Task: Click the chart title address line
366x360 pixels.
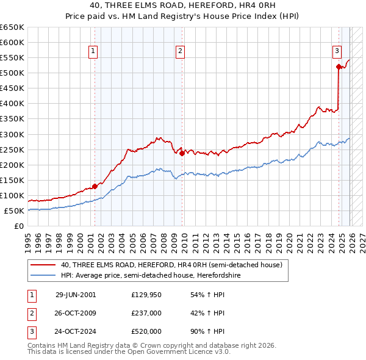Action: tap(182, 5)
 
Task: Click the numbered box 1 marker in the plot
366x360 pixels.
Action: tap(94, 51)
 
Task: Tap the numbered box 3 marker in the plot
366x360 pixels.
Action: tap(337, 51)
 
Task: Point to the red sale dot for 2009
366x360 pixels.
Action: tap(182, 153)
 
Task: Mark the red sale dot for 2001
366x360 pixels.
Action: tap(95, 186)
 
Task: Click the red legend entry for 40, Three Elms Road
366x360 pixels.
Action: tap(171, 265)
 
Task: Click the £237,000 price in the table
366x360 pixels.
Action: tap(146, 313)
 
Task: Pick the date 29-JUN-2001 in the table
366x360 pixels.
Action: tap(76, 295)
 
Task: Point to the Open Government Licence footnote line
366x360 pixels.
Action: tap(129, 352)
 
